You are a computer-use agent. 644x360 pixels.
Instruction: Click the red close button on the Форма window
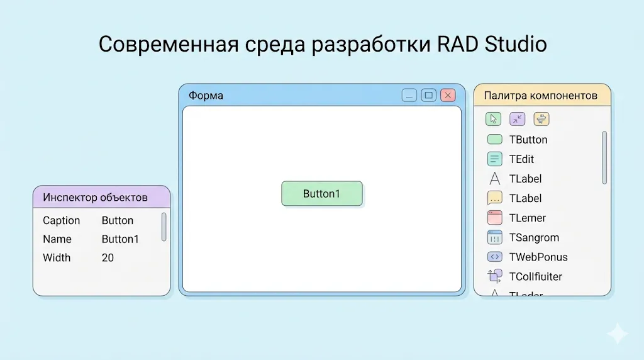(448, 96)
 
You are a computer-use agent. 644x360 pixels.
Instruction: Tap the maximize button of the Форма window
(429, 96)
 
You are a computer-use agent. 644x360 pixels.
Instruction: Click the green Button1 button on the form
(322, 194)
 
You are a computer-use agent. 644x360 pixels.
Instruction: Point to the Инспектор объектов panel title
(95, 198)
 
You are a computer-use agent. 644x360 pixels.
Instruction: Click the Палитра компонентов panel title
(540, 96)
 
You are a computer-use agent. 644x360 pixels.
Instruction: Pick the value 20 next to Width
(108, 258)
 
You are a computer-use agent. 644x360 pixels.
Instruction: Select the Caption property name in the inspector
(61, 221)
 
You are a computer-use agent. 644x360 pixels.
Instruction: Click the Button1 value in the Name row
(120, 239)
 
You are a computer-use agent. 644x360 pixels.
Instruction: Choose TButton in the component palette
(528, 140)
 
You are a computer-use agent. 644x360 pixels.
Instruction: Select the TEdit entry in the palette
(521, 159)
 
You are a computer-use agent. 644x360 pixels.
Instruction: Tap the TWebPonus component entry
(538, 257)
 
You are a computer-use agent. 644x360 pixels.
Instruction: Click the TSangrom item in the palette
(534, 237)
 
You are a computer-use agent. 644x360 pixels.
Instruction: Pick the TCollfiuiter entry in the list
(536, 276)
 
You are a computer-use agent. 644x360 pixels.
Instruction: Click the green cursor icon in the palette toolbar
(494, 119)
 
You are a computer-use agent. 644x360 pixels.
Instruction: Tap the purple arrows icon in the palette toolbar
(518, 119)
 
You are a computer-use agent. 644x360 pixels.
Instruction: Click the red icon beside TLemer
(495, 218)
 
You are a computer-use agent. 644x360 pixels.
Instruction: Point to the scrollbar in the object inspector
(164, 227)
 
